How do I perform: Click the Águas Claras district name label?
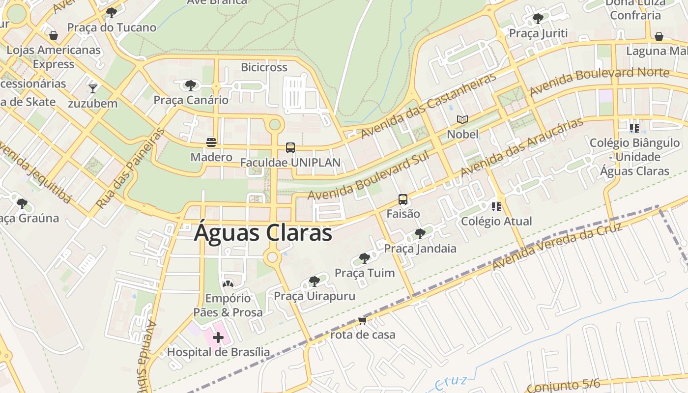(263, 233)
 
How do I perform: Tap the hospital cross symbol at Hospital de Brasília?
(218, 337)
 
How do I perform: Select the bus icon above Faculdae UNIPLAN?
(290, 147)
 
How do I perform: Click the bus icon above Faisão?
(403, 199)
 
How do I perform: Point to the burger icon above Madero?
(211, 142)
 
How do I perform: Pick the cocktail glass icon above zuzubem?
(93, 88)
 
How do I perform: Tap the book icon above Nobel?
(462, 119)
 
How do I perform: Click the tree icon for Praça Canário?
(191, 85)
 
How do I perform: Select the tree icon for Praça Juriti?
(538, 19)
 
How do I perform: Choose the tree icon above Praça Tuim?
(364, 258)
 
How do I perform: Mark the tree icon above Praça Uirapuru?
(314, 281)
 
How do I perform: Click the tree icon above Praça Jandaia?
(420, 233)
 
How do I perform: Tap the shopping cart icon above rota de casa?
(363, 320)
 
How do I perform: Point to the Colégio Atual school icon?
(496, 206)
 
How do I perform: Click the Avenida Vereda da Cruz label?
(557, 247)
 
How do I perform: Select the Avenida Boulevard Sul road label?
(369, 176)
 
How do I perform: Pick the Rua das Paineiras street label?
(130, 168)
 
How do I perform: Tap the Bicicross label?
(264, 67)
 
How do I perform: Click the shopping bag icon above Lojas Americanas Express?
(54, 35)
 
